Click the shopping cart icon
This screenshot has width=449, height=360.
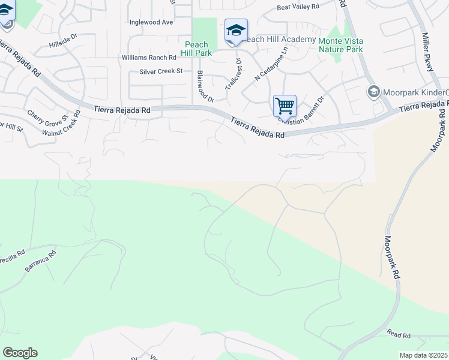pyautogui.click(x=285, y=106)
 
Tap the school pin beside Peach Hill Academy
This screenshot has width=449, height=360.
pyautogui.click(x=236, y=30)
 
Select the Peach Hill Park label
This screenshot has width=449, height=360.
pyautogui.click(x=196, y=49)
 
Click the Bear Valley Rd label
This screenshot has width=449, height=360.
pyautogui.click(x=298, y=8)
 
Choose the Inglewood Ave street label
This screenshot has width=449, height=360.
pyautogui.click(x=151, y=22)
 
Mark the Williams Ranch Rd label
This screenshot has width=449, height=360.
pyautogui.click(x=149, y=58)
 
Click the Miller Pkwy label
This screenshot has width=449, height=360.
pyautogui.click(x=428, y=52)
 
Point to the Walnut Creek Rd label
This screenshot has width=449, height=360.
pyautogui.click(x=62, y=123)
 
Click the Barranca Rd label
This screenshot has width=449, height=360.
pyautogui.click(x=40, y=262)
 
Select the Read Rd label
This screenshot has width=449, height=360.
pyautogui.click(x=399, y=334)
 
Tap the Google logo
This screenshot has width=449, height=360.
pyautogui.click(x=20, y=353)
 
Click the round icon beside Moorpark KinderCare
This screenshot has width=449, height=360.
pyautogui.click(x=373, y=92)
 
